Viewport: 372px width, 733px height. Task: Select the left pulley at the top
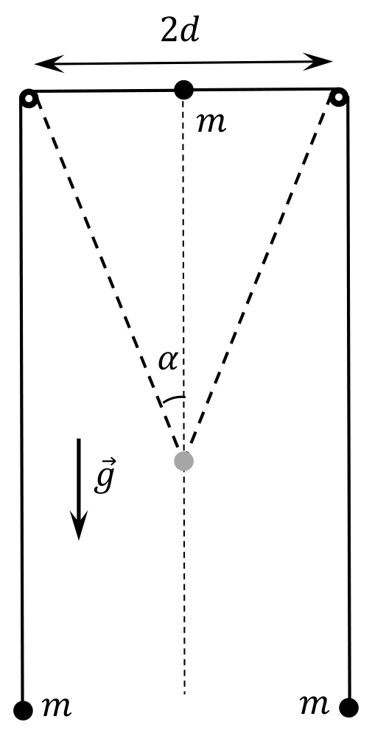pos(29,98)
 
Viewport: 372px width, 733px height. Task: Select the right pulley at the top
pos(339,96)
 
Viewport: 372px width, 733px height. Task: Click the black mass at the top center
pos(183,90)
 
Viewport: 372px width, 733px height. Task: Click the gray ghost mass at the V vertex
pos(184,461)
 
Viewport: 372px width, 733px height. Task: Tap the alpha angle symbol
pos(168,361)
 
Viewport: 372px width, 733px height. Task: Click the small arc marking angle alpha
pos(172,398)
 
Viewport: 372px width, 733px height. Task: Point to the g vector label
pos(104,476)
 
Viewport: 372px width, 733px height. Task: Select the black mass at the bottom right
pos(349,708)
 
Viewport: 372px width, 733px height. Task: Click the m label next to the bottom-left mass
pos(57,707)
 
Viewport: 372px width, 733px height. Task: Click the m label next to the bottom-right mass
pos(314,704)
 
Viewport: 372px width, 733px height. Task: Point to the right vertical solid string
pos(348,398)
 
